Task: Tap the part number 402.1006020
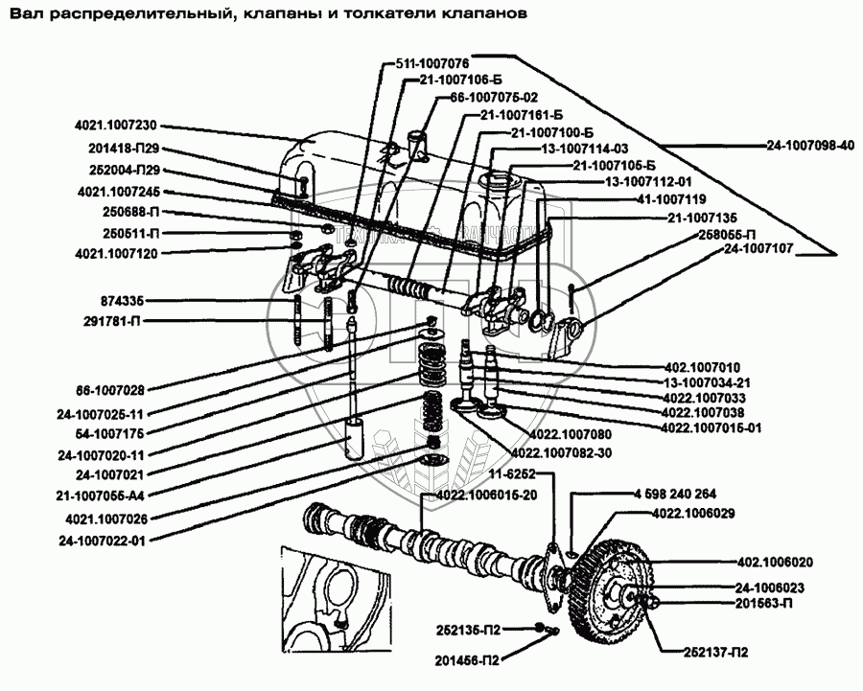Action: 775,563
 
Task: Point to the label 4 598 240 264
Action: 676,494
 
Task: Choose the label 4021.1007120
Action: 115,254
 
